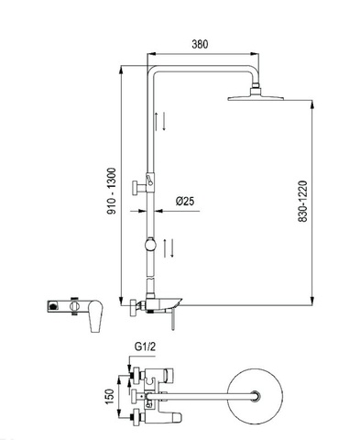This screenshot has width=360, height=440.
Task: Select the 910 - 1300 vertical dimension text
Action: pyautogui.click(x=111, y=191)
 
